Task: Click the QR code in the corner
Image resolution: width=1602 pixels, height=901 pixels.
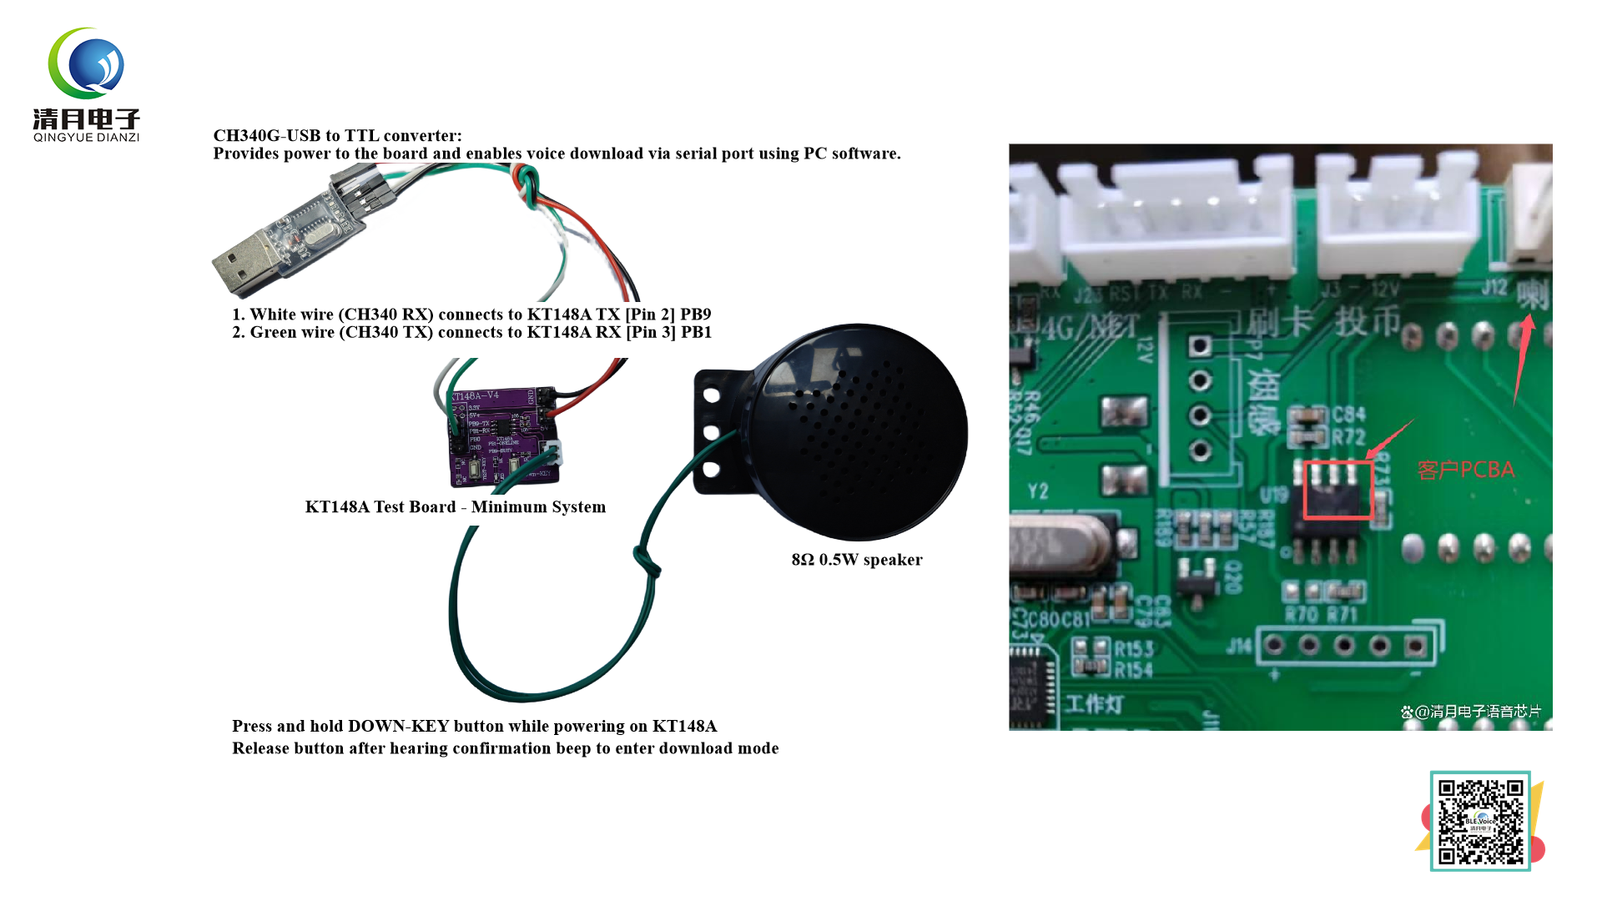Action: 1480,821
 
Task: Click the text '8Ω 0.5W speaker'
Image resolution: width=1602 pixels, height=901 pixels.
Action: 856,560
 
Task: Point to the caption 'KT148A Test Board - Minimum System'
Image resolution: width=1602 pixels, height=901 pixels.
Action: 455,507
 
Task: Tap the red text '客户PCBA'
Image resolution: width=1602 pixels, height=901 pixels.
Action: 1465,471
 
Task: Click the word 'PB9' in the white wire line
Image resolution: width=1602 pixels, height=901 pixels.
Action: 695,315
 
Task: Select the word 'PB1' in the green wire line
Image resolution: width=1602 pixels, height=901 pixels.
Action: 695,333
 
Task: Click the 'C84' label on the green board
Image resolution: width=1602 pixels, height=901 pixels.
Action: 1348,415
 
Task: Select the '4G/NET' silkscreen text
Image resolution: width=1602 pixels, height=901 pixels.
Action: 1090,327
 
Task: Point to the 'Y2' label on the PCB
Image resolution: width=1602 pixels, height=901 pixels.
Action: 1038,491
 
